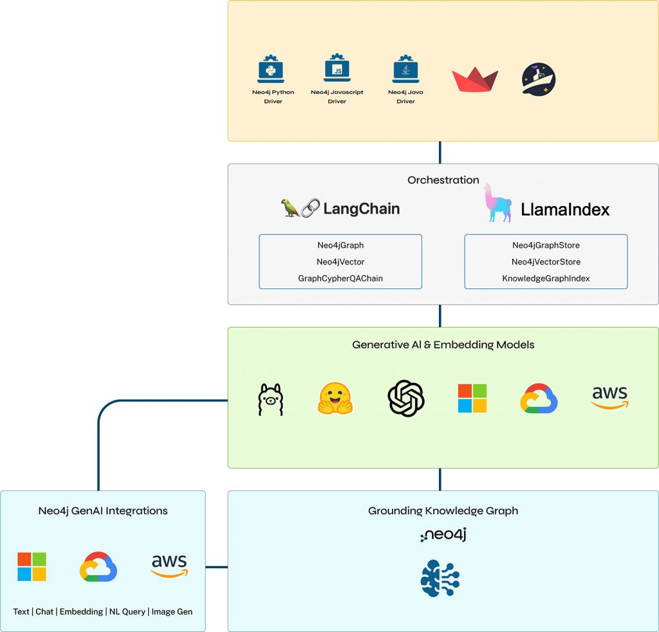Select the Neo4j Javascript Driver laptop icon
pos(337,69)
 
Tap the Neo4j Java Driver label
pos(405,97)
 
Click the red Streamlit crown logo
pos(475,80)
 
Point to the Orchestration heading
pos(443,180)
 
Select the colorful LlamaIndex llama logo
pos(497,203)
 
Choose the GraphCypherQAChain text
pos(340,279)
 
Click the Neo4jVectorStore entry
pos(546,262)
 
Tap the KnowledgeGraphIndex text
pos(546,279)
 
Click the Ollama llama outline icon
pos(270,399)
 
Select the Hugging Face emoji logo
pos(335,398)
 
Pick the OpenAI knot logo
pos(405,398)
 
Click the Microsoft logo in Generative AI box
pos(472,398)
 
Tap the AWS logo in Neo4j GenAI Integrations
pos(169,566)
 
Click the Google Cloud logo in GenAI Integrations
pos(98,567)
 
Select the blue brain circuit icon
pos(440,577)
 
